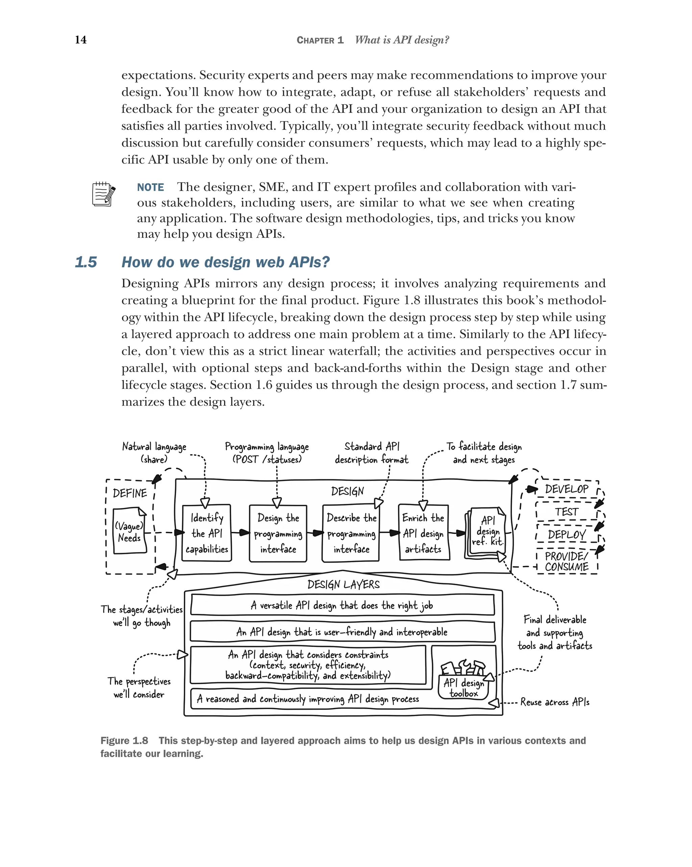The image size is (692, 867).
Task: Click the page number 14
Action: click(80, 40)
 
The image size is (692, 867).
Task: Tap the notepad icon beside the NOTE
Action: click(103, 194)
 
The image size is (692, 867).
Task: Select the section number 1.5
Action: click(86, 262)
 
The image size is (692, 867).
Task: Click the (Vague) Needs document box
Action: click(129, 532)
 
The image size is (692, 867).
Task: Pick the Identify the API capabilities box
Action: click(206, 533)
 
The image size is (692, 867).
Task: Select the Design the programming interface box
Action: click(278, 533)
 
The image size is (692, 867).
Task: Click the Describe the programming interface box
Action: click(351, 533)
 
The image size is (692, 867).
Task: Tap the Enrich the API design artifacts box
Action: click(423, 533)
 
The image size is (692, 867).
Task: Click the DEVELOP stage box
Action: click(566, 489)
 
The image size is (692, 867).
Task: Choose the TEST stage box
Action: click(566, 512)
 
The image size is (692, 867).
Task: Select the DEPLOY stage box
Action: click(566, 535)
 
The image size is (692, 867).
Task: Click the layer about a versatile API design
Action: click(342, 605)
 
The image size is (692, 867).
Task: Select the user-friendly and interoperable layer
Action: click(342, 632)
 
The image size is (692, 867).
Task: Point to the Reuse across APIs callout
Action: click(554, 702)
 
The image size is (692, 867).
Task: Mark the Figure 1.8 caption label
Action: click(124, 741)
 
